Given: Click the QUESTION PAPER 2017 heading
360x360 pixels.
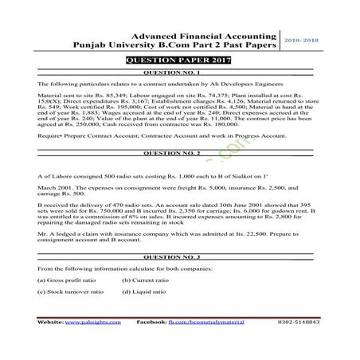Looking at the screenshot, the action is (179, 61).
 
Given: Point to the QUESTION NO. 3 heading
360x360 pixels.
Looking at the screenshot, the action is (180, 259).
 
